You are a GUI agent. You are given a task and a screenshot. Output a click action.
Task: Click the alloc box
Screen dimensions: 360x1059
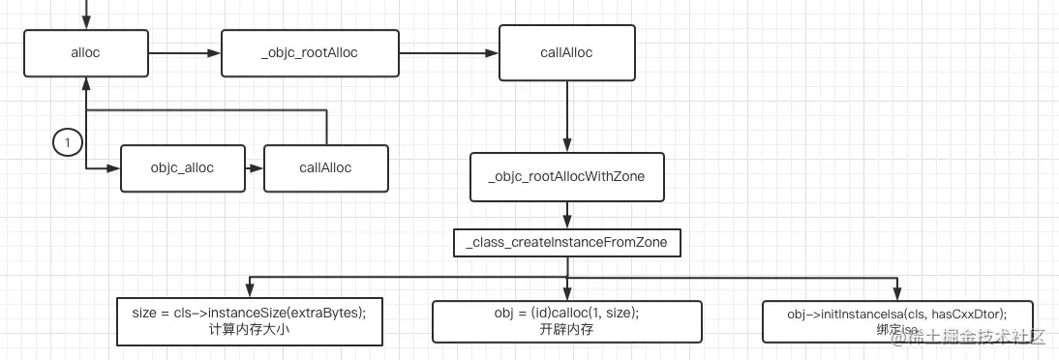coord(86,53)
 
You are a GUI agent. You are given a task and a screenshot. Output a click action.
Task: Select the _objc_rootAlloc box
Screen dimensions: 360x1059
coord(309,53)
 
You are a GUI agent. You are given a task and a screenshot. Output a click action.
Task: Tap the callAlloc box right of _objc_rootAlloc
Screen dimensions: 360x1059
coord(566,52)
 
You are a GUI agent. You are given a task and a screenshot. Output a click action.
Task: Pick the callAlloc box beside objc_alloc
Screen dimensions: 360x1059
coord(325,168)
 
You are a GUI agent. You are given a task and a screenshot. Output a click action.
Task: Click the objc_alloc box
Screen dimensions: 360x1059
coord(182,168)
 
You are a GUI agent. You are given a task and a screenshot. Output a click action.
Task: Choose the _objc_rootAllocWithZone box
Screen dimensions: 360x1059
coord(566,177)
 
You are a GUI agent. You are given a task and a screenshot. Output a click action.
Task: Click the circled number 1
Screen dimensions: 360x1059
coord(67,143)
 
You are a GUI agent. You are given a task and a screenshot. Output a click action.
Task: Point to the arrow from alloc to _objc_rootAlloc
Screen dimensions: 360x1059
coord(185,53)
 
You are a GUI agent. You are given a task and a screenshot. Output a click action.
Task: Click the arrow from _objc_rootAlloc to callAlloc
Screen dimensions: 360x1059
coord(447,53)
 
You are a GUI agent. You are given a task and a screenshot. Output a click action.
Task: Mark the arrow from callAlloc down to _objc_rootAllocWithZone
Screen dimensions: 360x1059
coord(566,115)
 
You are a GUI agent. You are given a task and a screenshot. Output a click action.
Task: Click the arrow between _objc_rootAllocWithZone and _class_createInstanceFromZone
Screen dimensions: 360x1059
coord(566,216)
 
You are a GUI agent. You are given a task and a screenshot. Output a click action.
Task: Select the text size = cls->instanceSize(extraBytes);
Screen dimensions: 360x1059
coord(249,312)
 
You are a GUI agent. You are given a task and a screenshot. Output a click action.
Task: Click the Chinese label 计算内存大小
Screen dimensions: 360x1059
coord(249,329)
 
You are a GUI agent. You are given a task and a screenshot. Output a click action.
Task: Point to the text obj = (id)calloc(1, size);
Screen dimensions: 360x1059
coord(566,313)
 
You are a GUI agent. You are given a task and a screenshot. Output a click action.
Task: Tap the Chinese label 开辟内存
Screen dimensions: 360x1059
coord(566,330)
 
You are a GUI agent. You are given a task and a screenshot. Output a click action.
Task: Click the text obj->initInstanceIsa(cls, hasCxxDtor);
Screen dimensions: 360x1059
coord(897,315)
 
